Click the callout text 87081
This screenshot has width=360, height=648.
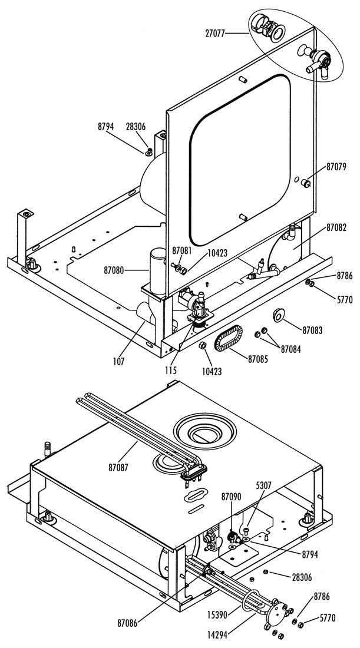coord(181,250)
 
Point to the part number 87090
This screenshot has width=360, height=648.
coord(232,498)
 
